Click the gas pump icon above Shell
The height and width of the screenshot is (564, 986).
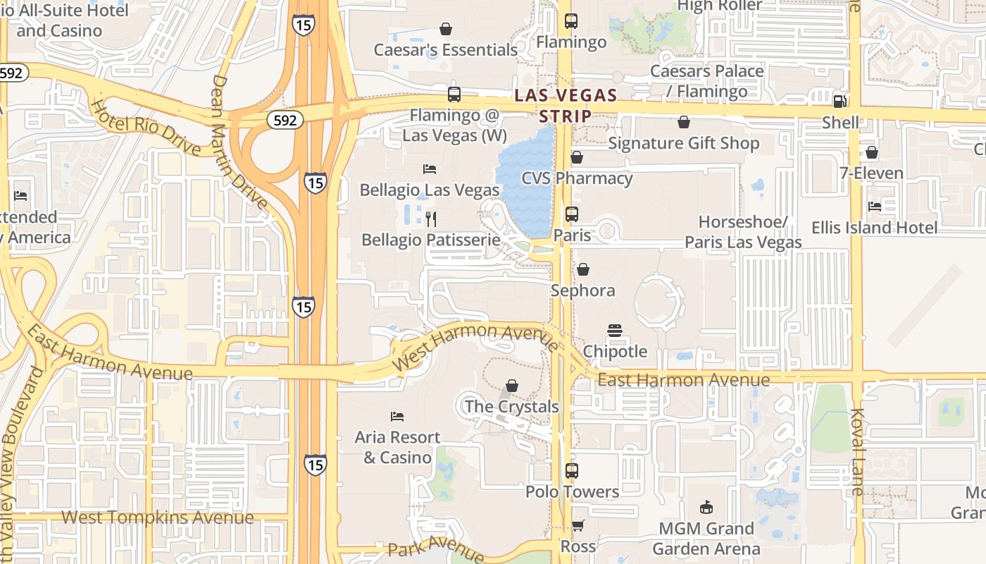pyautogui.click(x=840, y=101)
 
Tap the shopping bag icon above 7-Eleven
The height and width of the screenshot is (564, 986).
pyautogui.click(x=872, y=152)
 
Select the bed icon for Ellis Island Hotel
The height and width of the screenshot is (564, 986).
pyautogui.click(x=875, y=207)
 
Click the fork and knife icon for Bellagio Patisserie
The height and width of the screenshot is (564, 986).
pyautogui.click(x=431, y=219)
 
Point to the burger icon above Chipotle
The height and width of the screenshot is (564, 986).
pyautogui.click(x=615, y=331)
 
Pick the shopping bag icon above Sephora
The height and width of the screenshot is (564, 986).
pyautogui.click(x=583, y=269)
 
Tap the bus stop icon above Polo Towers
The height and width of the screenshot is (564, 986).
pyautogui.click(x=572, y=471)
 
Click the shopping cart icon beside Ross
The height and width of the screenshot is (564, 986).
pyautogui.click(x=578, y=525)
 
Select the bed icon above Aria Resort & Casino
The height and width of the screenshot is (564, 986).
pyautogui.click(x=397, y=417)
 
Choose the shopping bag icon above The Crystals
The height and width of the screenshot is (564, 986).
pyautogui.click(x=512, y=386)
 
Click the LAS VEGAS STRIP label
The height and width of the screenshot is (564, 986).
pyautogui.click(x=566, y=104)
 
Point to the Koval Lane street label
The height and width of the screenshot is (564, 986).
pyautogui.click(x=858, y=451)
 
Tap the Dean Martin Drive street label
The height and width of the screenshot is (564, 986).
pyautogui.click(x=239, y=141)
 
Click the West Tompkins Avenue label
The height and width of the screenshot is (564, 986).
pyautogui.click(x=157, y=517)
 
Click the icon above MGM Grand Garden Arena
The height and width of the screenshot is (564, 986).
pyautogui.click(x=706, y=507)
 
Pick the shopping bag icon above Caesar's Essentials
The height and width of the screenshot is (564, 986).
pyautogui.click(x=446, y=29)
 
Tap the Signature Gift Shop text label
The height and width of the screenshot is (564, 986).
pyautogui.click(x=683, y=144)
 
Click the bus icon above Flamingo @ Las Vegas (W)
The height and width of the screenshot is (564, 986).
pyautogui.click(x=454, y=94)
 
